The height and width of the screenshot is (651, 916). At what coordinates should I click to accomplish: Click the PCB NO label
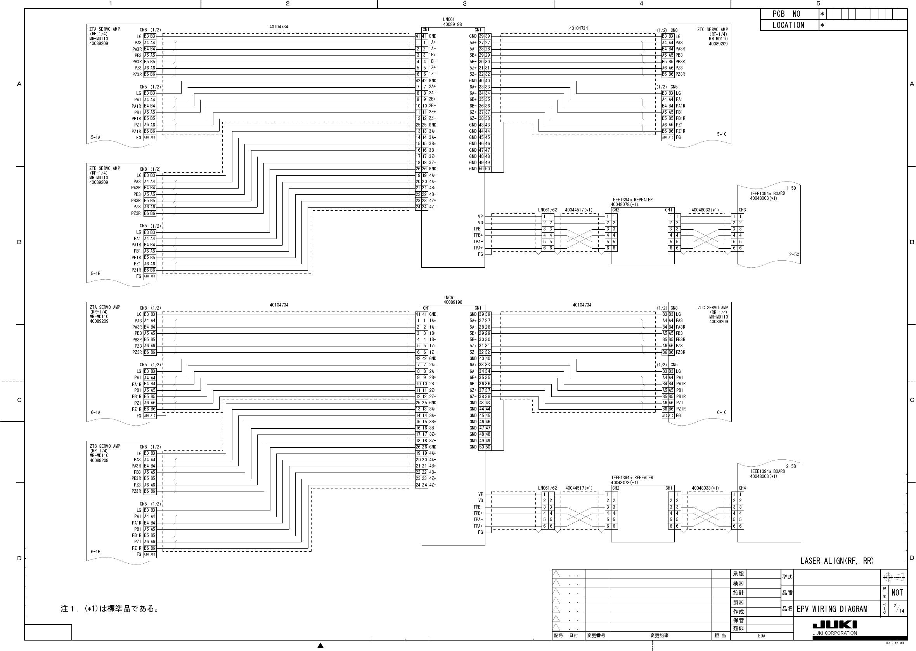(x=786, y=14)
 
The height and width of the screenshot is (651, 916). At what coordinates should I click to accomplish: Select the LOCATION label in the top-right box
(x=788, y=25)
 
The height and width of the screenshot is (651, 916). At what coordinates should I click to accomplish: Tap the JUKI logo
(x=835, y=625)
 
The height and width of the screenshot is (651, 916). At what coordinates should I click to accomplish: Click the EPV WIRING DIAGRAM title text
(x=832, y=609)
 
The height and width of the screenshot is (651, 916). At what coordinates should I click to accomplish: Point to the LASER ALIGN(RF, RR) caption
(x=837, y=561)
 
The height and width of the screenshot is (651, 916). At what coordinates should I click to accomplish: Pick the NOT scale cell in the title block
(x=897, y=593)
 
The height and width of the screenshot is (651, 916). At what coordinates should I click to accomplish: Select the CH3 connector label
(x=742, y=210)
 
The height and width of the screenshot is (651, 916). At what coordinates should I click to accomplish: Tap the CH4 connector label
(x=742, y=488)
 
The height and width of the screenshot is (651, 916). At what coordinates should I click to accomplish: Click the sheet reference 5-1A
(x=95, y=137)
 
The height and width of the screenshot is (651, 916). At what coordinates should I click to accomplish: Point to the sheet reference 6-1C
(x=722, y=412)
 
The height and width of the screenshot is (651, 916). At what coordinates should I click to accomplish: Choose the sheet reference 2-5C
(x=794, y=255)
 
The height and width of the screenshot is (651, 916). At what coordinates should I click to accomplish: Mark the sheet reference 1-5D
(x=791, y=188)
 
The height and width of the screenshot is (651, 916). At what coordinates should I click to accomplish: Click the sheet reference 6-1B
(x=95, y=552)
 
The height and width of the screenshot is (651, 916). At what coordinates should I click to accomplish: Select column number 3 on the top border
(x=465, y=3)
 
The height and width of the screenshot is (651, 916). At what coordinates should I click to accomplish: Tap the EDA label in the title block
(x=761, y=636)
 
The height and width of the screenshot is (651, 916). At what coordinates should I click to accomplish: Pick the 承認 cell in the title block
(x=738, y=574)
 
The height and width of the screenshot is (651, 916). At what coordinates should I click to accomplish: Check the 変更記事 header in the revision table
(x=659, y=636)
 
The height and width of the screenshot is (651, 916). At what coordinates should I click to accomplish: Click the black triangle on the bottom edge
(x=320, y=646)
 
